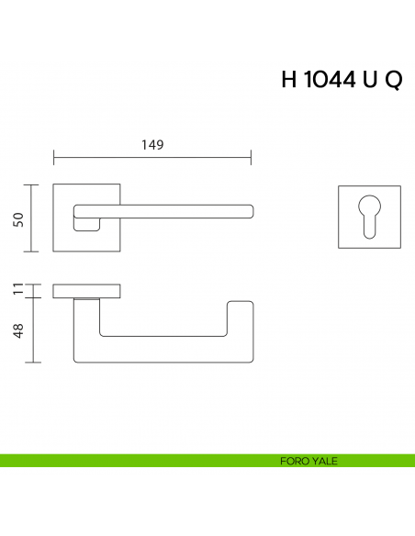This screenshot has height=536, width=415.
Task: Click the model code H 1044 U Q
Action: coord(341,79)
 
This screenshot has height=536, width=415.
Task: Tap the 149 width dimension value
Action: coord(152,145)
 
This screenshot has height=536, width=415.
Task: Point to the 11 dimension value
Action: coord(17,291)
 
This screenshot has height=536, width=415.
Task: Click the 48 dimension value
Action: coord(17,330)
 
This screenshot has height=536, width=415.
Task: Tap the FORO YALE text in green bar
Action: coord(308,461)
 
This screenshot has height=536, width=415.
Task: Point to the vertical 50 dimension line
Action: coord(34,218)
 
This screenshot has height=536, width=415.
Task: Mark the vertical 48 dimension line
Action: coord(34,330)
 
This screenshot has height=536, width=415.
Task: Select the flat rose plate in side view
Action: coord(88,292)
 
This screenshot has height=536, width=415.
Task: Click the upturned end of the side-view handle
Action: coord(240,317)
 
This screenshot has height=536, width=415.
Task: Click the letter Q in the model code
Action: coord(392,79)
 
